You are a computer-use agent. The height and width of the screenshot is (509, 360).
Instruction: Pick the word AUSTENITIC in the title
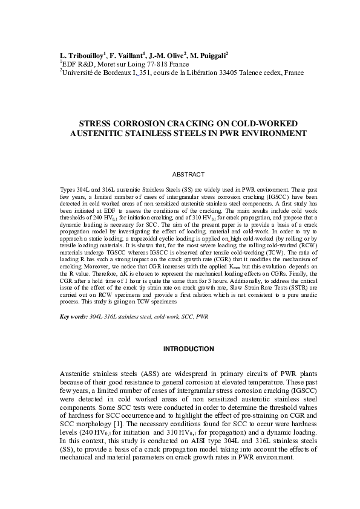(96, 132)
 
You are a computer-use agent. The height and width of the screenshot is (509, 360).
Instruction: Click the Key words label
(73, 316)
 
